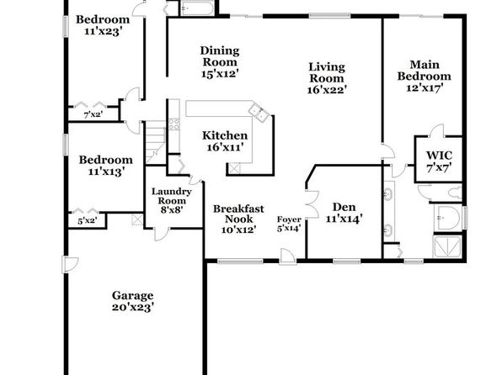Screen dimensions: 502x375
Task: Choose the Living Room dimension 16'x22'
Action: tap(327, 90)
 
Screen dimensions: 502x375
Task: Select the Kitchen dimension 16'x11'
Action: tap(225, 147)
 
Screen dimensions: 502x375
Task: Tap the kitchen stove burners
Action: tap(174, 124)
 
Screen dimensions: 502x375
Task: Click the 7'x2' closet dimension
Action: tap(93, 114)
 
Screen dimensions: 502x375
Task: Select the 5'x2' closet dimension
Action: tap(87, 220)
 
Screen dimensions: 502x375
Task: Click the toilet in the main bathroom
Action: tap(455, 193)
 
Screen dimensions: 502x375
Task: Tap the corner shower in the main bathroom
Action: tap(447, 246)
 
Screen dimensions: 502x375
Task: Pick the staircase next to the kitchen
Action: tap(156, 143)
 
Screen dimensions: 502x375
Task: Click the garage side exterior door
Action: tap(70, 264)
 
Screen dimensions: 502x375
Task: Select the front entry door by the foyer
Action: tap(287, 256)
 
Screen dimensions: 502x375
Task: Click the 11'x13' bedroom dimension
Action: tap(106, 172)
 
